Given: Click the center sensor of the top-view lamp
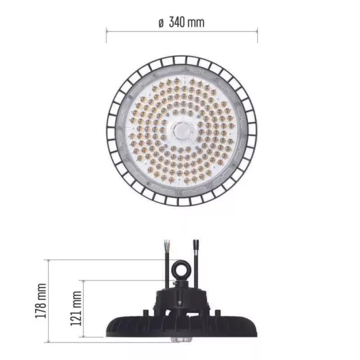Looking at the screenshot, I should tap(181, 129).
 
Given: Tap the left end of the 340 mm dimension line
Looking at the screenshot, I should tap(106, 30).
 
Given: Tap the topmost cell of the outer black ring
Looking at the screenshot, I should tap(182, 59).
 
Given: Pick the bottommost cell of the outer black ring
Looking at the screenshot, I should tap(182, 201).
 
